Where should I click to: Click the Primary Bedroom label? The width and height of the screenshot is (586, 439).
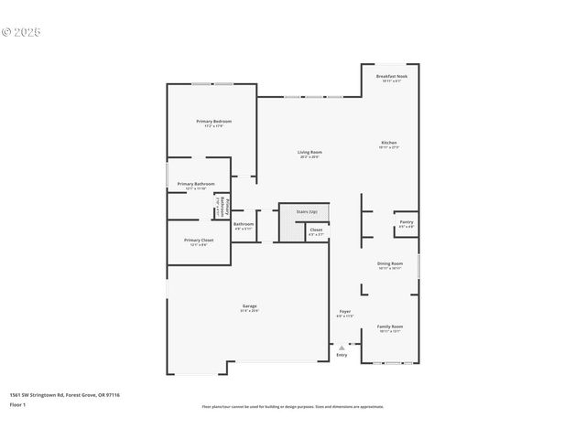click(213, 122)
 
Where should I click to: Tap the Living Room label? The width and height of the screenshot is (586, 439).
click(309, 152)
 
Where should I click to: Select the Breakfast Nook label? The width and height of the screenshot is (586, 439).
click(392, 77)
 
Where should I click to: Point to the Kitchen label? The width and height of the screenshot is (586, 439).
click(389, 143)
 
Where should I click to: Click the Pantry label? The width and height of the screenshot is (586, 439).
click(407, 221)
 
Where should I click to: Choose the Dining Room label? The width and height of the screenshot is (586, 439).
click(390, 263)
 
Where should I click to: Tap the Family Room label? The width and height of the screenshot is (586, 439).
click(390, 327)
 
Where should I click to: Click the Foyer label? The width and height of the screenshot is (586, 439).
click(345, 312)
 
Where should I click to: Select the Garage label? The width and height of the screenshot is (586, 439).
click(249, 305)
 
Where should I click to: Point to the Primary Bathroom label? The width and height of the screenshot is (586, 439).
click(196, 184)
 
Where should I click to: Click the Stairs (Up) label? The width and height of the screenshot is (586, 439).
click(306, 212)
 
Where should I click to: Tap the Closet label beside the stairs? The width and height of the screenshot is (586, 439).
click(316, 230)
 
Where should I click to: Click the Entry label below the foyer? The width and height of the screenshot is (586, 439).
click(342, 355)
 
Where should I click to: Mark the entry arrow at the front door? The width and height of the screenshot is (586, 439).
click(342, 347)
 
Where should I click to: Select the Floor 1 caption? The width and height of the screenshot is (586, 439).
click(16, 403)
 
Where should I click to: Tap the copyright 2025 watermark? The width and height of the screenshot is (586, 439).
click(22, 32)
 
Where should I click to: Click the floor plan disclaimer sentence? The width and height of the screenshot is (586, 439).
click(293, 406)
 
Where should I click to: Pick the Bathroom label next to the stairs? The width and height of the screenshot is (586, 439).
click(244, 224)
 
